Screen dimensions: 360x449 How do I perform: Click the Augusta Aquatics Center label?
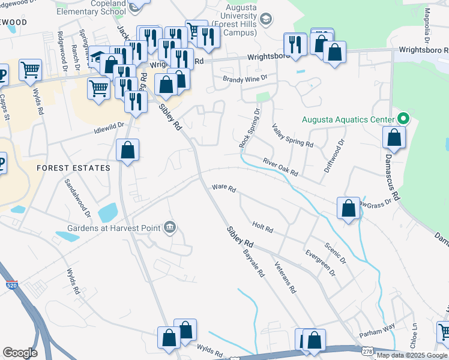(x=348, y=119)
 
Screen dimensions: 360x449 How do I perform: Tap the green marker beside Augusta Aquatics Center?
(x=403, y=119)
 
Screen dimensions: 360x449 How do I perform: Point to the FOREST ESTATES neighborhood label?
(x=73, y=168)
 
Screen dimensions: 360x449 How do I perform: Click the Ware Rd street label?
(x=223, y=188)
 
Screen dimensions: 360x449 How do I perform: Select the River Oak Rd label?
(x=280, y=167)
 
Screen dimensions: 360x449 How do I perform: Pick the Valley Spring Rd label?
(x=292, y=135)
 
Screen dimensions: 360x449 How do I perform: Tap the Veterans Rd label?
(x=285, y=277)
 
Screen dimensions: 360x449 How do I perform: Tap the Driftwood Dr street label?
(x=335, y=155)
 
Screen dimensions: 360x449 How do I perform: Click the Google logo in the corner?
(x=20, y=353)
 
